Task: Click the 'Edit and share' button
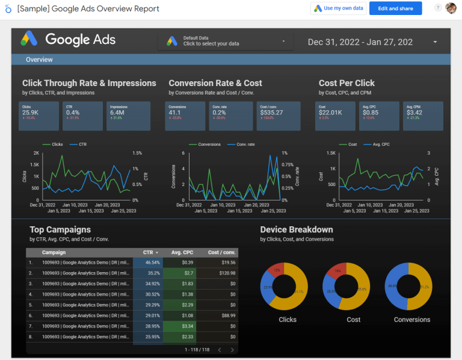pyautogui.click(x=395, y=8)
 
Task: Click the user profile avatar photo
pyautogui.click(x=451, y=8)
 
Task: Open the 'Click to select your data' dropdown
pyautogui.click(x=225, y=41)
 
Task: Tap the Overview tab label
pyautogui.click(x=39, y=60)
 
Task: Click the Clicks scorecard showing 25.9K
pyautogui.click(x=38, y=116)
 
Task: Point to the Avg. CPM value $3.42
pyautogui.click(x=414, y=113)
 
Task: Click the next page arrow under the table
pyautogui.click(x=232, y=350)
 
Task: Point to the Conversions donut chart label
pyautogui.click(x=412, y=320)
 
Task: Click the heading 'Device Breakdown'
pyautogui.click(x=296, y=229)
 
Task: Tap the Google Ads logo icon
pyautogui.click(x=29, y=40)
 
